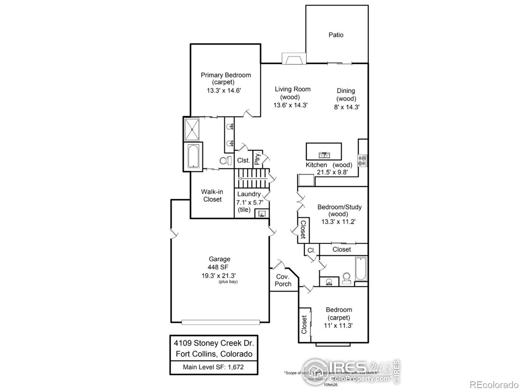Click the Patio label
click(336, 35)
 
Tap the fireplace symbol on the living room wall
click(294, 59)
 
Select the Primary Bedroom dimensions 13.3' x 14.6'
click(224, 91)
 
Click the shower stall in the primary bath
click(192, 129)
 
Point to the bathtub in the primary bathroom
click(193, 156)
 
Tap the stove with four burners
click(362, 160)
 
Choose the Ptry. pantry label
click(257, 159)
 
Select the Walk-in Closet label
click(212, 195)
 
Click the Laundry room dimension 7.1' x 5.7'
click(250, 202)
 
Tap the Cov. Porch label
click(283, 280)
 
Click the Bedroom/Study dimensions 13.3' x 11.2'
click(338, 222)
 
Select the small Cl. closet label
click(311, 250)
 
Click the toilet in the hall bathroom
click(346, 279)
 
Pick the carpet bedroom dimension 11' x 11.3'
click(338, 325)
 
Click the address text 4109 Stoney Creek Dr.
click(214, 343)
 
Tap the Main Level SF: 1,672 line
click(213, 367)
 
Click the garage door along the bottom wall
click(221, 322)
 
